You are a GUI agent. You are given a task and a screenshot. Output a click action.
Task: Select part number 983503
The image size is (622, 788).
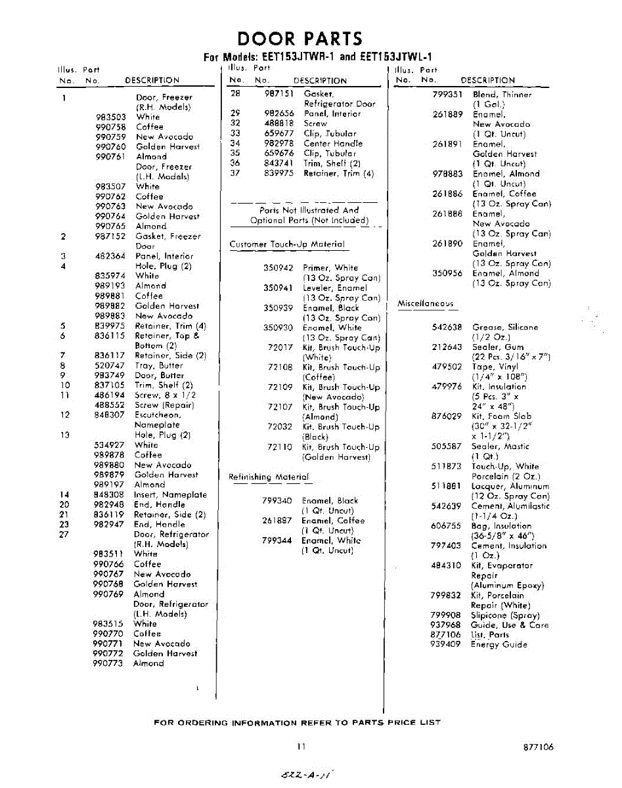click(110, 117)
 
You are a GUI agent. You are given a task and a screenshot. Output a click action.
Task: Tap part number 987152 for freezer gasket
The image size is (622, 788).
click(110, 236)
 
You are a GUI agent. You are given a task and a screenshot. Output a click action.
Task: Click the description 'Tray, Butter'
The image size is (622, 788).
click(159, 365)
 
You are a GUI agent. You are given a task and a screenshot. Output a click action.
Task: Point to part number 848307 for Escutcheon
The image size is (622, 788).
click(110, 415)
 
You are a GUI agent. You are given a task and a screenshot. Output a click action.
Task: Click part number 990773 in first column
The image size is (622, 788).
click(108, 663)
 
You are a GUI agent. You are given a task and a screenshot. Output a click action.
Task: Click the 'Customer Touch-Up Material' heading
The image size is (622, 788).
click(287, 244)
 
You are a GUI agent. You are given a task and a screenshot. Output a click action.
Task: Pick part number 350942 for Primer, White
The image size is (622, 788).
click(278, 268)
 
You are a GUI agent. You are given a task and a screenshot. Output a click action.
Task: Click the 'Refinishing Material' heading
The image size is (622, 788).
click(268, 477)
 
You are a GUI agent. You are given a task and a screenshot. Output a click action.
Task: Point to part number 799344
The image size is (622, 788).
click(277, 540)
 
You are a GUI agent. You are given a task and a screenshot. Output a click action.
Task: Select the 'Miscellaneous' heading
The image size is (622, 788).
click(426, 303)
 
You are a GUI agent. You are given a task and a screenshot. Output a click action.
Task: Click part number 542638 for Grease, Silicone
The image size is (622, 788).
click(447, 327)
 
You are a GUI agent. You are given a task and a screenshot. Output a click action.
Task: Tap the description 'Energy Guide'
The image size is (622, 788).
click(499, 645)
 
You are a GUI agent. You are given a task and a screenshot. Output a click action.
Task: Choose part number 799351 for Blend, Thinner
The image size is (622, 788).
click(447, 95)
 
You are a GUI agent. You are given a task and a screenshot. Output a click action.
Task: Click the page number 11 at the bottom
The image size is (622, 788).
click(301, 747)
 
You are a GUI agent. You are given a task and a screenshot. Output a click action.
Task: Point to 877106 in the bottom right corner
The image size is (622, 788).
click(539, 747)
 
